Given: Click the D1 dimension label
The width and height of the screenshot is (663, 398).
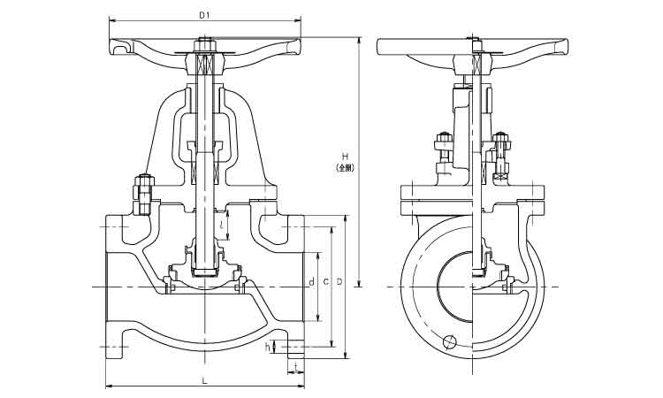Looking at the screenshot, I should point(204,15).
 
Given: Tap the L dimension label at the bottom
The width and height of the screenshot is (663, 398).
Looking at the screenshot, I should point(204,380).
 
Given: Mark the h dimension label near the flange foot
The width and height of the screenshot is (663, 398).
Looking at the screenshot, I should point(268,346).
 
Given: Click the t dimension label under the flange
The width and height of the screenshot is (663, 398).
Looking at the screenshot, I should point(294,364).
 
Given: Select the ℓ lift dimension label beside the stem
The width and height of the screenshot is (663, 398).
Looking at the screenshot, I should point(221,225).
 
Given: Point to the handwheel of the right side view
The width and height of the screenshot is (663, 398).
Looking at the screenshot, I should point(472,49).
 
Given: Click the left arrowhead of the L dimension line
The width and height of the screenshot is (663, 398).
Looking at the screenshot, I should point(109,386).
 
